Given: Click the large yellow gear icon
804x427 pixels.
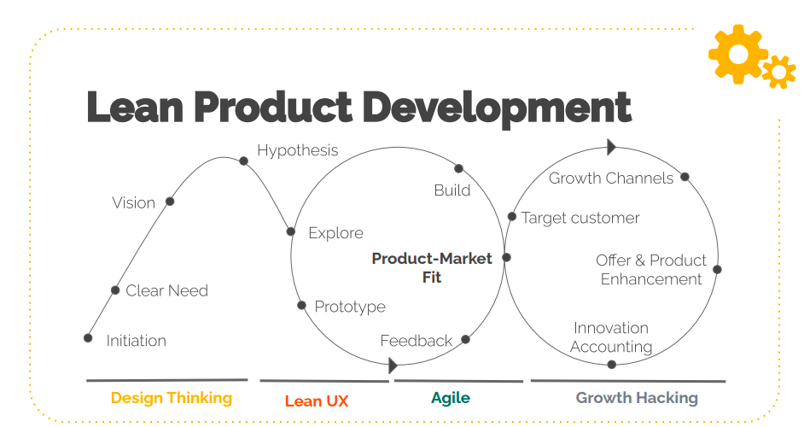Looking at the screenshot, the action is click(x=737, y=54).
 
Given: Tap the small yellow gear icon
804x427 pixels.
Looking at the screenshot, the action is click(x=779, y=72).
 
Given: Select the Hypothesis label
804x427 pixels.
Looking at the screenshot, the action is click(x=297, y=150).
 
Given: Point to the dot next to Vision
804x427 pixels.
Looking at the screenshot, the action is click(x=170, y=202).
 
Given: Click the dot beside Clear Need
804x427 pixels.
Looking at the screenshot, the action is click(x=115, y=290).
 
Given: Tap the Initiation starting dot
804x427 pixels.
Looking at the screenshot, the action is click(x=88, y=337).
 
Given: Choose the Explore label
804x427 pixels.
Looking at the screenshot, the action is click(x=336, y=233).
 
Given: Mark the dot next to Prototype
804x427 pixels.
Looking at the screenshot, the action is click(x=302, y=306).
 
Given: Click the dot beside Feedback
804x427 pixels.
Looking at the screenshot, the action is click(x=465, y=339).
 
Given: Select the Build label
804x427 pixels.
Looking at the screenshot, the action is click(x=452, y=190).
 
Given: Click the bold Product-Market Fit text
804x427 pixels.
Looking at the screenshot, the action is click(x=432, y=267).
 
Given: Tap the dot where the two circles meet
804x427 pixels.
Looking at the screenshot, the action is click(x=507, y=257).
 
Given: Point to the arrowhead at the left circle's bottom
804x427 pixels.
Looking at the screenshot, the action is click(x=393, y=366).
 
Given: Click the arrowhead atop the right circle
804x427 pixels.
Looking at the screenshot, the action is click(x=611, y=147).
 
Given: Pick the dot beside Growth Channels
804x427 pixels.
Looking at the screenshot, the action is click(x=685, y=177).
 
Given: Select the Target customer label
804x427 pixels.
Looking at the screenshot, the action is click(x=580, y=218).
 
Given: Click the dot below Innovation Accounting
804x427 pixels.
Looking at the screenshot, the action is click(x=612, y=365).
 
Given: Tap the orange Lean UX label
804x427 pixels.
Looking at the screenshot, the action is click(x=317, y=401).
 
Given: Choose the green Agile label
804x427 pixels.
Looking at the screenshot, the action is click(x=451, y=398).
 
